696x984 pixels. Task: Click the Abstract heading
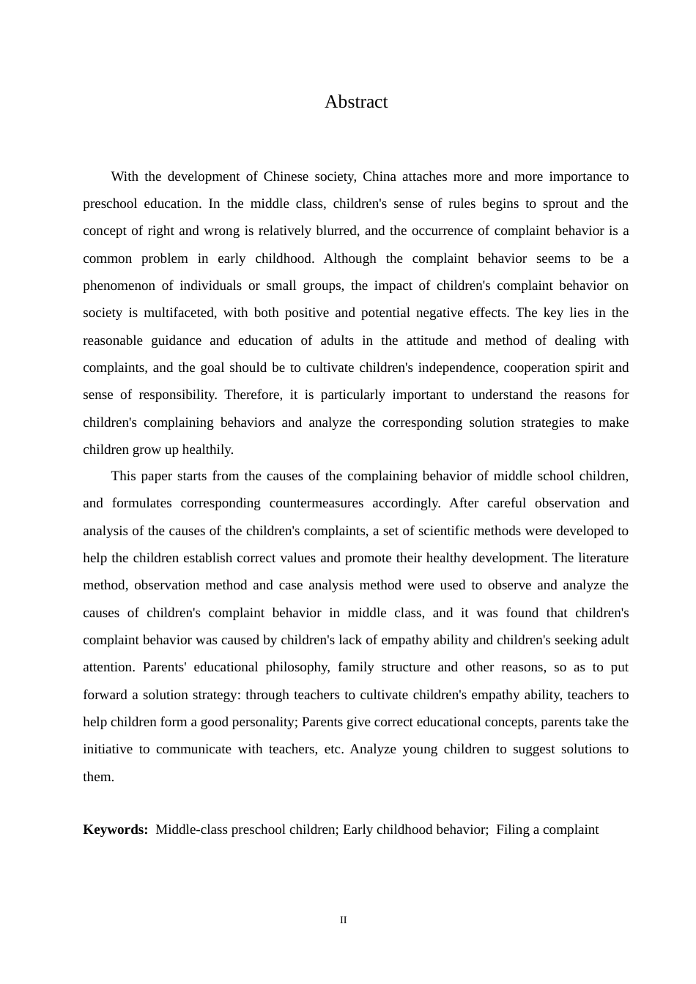[356, 102]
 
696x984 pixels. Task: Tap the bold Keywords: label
[115, 830]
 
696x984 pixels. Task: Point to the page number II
[343, 920]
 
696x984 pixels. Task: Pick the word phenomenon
[119, 286]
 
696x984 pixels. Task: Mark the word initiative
[108, 749]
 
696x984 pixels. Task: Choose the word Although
[349, 258]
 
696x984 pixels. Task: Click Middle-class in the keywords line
[191, 830]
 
